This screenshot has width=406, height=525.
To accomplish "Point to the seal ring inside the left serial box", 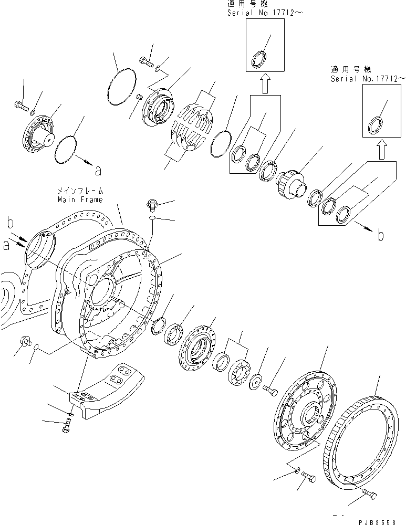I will coord(259,59).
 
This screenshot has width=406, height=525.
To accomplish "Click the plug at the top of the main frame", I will coord(151,204).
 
